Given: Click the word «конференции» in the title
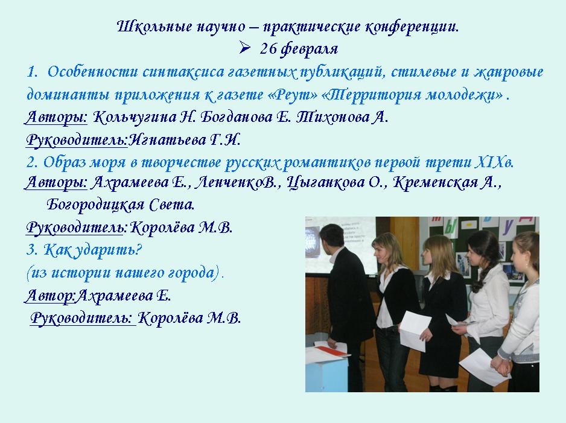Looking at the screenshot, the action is click(x=412, y=27).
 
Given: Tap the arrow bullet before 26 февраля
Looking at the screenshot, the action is click(x=245, y=48).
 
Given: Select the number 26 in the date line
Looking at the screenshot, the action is click(x=268, y=48).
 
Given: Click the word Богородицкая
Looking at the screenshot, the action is click(x=91, y=205).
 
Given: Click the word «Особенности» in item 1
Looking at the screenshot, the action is click(x=92, y=72).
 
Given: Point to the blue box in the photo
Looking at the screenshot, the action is click(x=328, y=373).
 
